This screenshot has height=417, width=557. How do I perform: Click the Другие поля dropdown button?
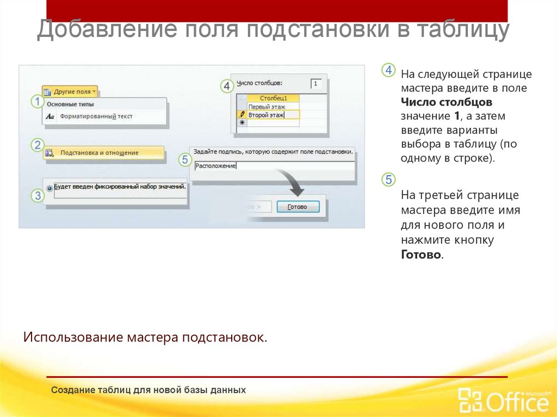click(70, 92)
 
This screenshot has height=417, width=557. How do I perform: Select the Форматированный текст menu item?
click(96, 116)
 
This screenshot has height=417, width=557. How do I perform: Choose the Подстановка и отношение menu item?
click(100, 153)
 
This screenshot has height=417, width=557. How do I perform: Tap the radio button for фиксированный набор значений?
click(50, 188)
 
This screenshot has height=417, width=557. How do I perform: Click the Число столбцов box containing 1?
click(316, 84)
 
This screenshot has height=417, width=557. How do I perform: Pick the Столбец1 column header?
click(273, 98)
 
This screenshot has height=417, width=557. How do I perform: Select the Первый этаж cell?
click(267, 107)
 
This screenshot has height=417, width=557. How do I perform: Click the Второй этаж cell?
click(266, 115)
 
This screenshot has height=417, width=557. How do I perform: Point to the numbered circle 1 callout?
click(36, 101)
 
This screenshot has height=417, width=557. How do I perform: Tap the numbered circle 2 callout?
click(37, 145)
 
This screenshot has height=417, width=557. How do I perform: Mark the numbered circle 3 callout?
click(37, 195)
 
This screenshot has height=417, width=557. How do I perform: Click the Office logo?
click(504, 400)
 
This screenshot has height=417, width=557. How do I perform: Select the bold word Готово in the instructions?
click(422, 254)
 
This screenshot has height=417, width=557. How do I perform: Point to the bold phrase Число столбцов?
click(447, 102)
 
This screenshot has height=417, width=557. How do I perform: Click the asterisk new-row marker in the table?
click(242, 123)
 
